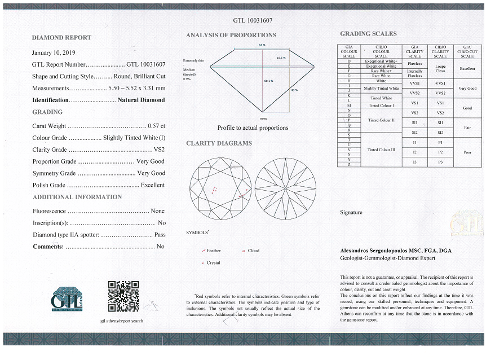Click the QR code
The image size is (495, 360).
pos(123,296)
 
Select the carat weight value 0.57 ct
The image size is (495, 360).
pos(156,126)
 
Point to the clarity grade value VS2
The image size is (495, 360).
pos(159,150)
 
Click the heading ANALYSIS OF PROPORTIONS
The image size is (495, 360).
pos(231,35)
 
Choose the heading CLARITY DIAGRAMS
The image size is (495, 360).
pos(219,143)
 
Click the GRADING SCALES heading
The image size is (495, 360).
pos(368,34)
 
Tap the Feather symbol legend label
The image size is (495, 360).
pos(214,251)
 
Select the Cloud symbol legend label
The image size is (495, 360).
pos(254,251)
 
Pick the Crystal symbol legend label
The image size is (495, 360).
pos(213,262)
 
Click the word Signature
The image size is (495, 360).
pos(351,213)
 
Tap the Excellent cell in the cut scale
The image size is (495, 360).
pos(467,68)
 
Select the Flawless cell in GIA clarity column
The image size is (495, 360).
pos(414,63)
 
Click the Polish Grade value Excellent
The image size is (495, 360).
pos(153,185)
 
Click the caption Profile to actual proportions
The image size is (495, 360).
pos(253,128)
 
